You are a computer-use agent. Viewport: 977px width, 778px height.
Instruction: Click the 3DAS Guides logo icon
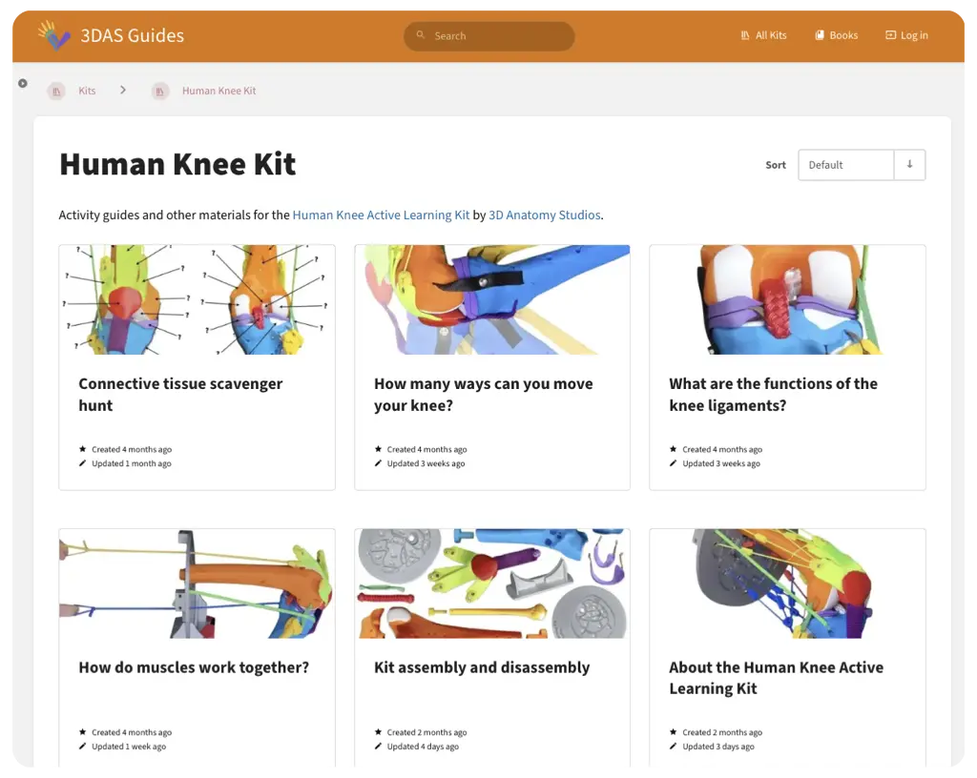(x=53, y=35)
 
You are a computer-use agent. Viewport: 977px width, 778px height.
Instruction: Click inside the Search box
(x=489, y=36)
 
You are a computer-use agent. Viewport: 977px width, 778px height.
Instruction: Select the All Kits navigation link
(x=764, y=35)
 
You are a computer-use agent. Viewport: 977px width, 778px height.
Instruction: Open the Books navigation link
(x=837, y=35)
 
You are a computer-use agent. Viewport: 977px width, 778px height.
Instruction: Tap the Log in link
(x=907, y=35)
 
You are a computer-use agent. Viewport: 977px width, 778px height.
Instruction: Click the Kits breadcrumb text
(x=87, y=91)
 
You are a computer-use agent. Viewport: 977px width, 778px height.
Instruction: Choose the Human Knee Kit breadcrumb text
(x=218, y=91)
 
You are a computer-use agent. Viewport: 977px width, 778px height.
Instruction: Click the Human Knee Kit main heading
(x=177, y=164)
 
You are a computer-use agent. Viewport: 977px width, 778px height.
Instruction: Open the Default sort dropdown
(x=862, y=165)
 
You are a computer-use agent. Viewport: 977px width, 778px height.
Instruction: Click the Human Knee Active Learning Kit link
(x=381, y=215)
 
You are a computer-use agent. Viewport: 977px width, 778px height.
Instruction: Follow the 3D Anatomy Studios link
(x=545, y=215)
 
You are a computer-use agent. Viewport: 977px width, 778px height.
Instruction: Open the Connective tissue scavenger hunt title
(x=180, y=395)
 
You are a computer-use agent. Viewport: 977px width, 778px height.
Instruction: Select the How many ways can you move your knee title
(x=484, y=395)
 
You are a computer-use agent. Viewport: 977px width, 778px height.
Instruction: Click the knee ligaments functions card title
(x=773, y=395)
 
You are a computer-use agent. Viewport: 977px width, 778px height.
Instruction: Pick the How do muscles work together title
(x=194, y=667)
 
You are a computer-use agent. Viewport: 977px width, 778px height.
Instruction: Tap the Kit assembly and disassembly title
(x=482, y=667)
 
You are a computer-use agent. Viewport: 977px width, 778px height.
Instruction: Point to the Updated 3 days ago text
(x=718, y=747)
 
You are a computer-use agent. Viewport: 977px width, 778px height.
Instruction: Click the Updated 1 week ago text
(x=129, y=747)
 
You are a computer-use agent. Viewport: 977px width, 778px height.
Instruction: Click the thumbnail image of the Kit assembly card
(x=492, y=583)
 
